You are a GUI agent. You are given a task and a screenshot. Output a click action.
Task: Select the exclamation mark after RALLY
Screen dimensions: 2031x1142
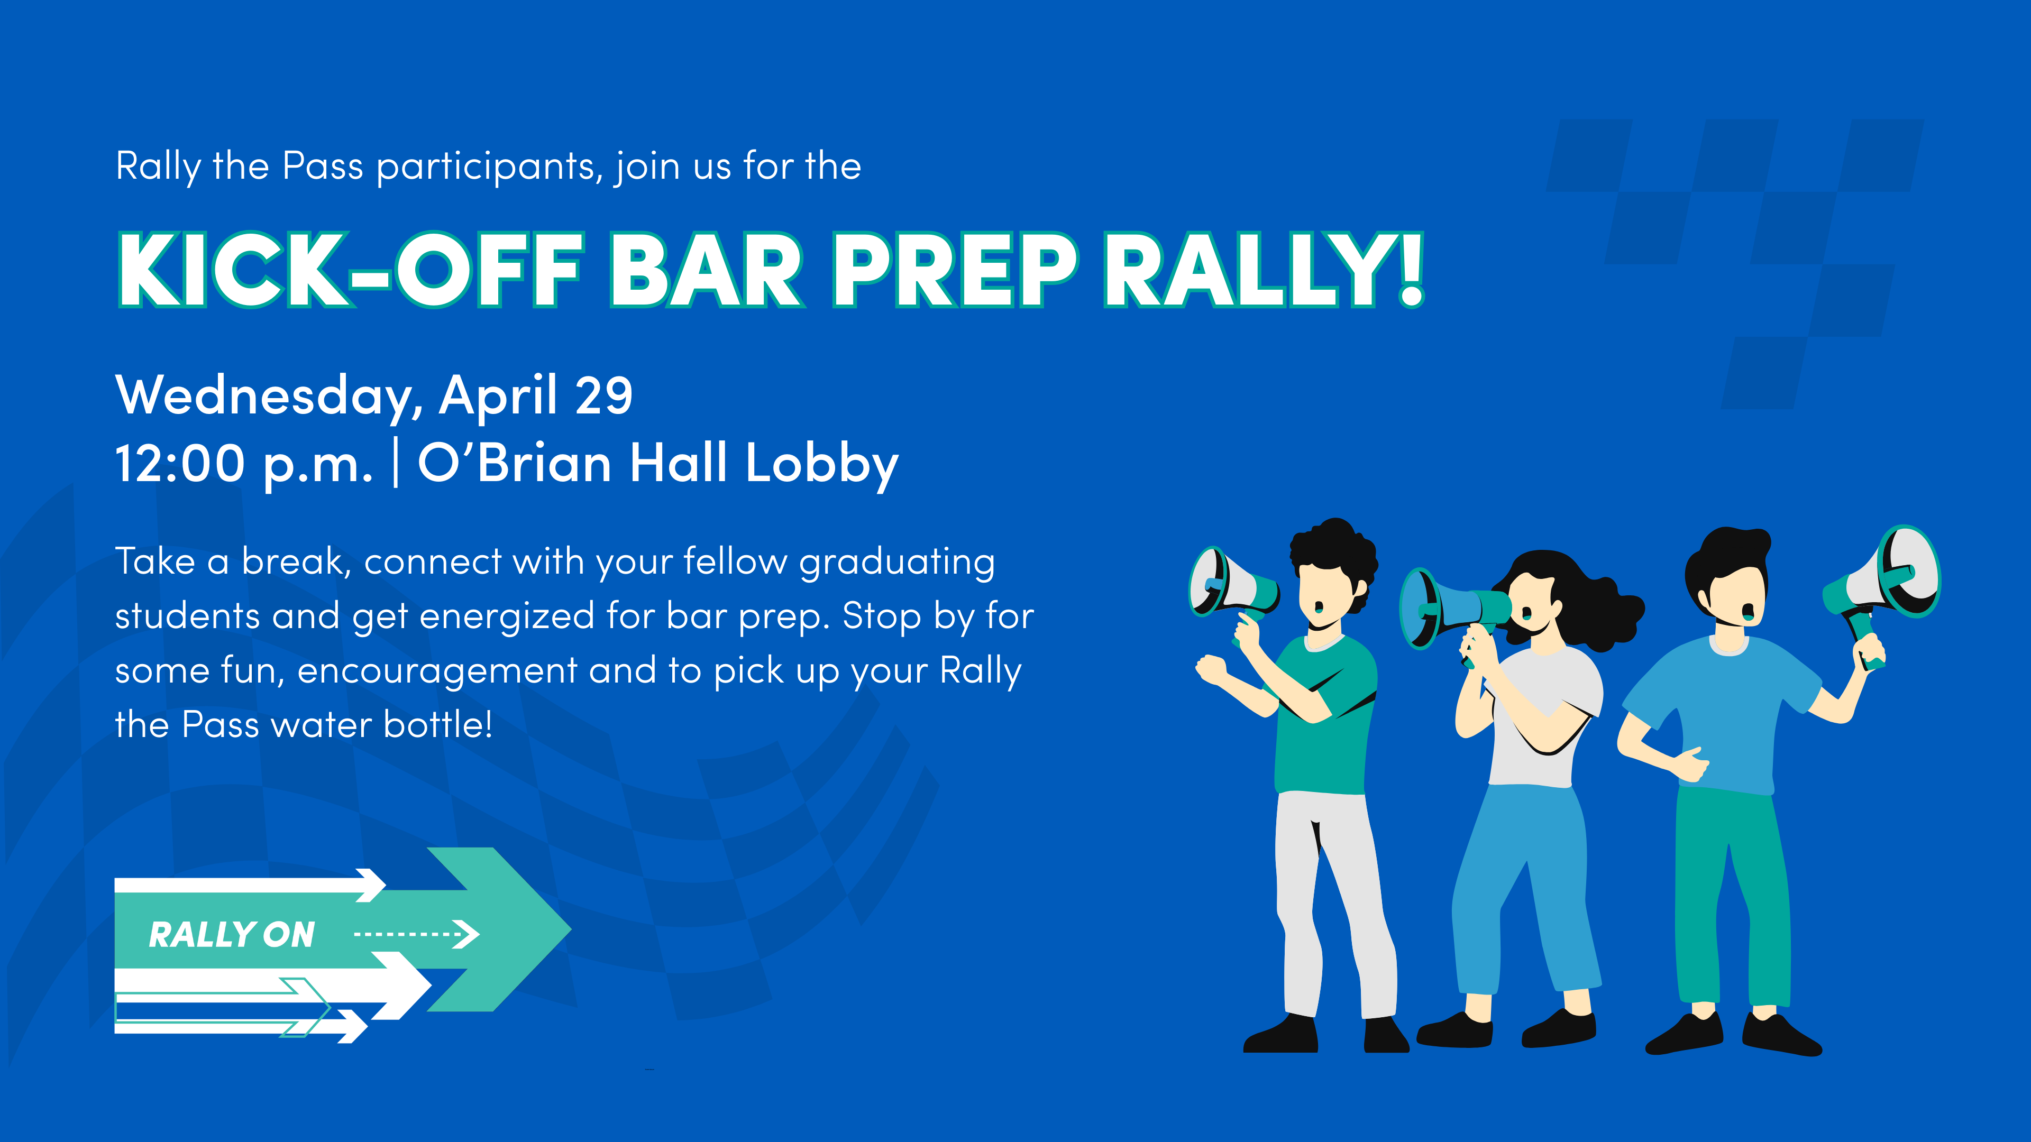pos(1411,269)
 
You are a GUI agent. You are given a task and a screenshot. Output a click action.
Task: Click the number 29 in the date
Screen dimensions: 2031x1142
pos(604,395)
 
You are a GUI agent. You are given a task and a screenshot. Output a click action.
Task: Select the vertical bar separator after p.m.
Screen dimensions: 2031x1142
pos(395,464)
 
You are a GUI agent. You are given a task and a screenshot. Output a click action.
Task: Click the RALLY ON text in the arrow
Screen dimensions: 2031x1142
pos(232,935)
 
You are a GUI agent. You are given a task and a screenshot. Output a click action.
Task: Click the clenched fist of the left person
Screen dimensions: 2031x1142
pos(1211,671)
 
